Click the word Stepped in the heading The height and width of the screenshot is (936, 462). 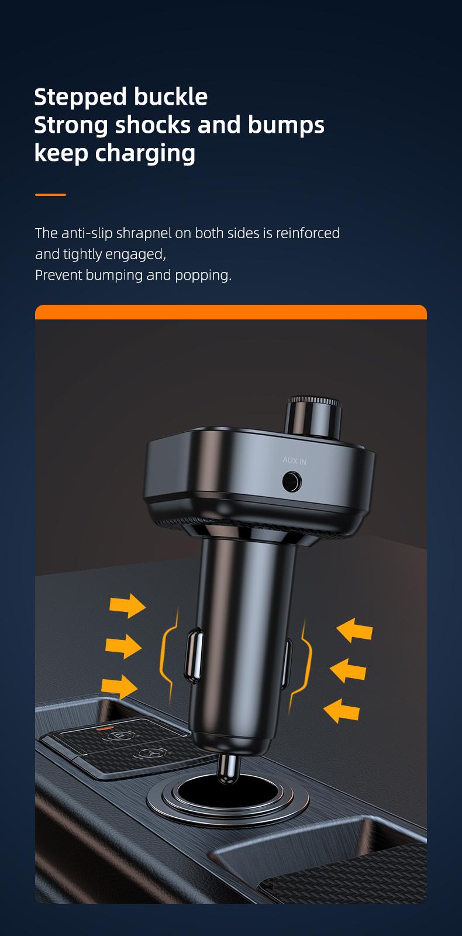pyautogui.click(x=81, y=97)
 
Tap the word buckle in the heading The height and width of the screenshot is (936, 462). pyautogui.click(x=170, y=97)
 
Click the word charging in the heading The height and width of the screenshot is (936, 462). pyautogui.click(x=145, y=153)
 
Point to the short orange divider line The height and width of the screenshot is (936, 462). pyautogui.click(x=50, y=195)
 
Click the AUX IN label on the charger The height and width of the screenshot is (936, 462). pyautogui.click(x=295, y=461)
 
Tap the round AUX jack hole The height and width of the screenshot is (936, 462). pyautogui.click(x=292, y=481)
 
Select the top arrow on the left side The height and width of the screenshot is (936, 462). pyautogui.click(x=127, y=605)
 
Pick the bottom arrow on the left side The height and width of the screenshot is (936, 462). pyautogui.click(x=119, y=686)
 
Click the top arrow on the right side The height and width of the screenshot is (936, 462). pyautogui.click(x=354, y=630)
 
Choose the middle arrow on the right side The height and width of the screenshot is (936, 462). pyautogui.click(x=348, y=670)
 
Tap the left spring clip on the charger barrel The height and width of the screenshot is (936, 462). pyautogui.click(x=194, y=655)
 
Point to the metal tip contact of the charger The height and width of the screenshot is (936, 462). pyautogui.click(x=227, y=768)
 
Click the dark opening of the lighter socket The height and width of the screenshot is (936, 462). pyautogui.click(x=222, y=792)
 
